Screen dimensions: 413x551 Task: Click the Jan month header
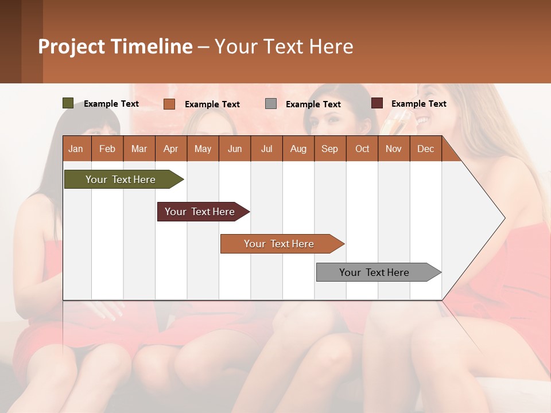(x=76, y=149)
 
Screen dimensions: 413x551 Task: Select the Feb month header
(x=107, y=149)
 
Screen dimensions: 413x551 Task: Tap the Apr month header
(x=170, y=149)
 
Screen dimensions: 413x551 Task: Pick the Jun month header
(x=235, y=149)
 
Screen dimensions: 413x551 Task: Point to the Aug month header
(x=298, y=149)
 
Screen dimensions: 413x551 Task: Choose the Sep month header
(x=329, y=149)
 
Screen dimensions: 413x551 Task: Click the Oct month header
(x=362, y=149)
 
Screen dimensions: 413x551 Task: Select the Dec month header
(x=425, y=149)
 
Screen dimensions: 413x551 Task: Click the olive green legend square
(x=68, y=103)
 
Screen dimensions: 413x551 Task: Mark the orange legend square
(x=169, y=104)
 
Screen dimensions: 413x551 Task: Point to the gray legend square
(x=271, y=103)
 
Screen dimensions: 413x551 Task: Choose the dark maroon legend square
(x=377, y=103)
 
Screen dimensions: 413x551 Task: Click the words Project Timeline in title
(x=115, y=46)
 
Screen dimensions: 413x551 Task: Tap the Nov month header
(x=394, y=149)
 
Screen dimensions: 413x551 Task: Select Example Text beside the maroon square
(x=418, y=104)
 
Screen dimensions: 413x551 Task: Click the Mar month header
(x=139, y=149)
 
